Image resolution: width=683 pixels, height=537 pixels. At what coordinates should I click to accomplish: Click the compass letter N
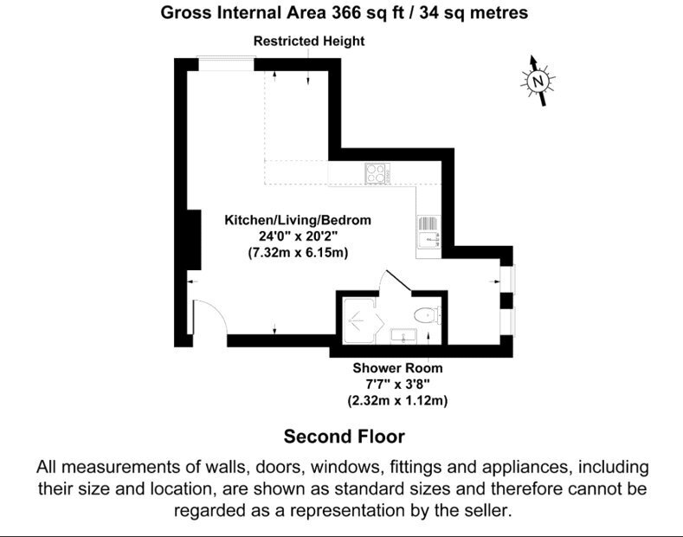(538, 81)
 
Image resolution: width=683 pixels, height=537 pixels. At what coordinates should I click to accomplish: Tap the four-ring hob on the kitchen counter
(377, 172)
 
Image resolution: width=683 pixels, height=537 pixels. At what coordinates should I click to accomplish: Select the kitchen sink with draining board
(429, 231)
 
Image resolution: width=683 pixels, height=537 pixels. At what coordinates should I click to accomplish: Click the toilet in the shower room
(427, 315)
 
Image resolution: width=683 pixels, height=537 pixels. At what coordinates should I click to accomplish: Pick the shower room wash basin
(403, 336)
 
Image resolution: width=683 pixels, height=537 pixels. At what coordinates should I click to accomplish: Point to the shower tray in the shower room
(359, 320)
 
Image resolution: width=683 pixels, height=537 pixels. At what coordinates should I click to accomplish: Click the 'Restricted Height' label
(309, 41)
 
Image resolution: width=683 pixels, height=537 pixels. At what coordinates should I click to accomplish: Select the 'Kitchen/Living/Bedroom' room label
(298, 220)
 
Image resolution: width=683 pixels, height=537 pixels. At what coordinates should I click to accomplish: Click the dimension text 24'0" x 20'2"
(299, 236)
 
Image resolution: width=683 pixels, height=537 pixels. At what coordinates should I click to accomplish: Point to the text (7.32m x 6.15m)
(298, 253)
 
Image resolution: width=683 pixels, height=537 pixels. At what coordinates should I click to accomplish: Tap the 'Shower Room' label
(397, 368)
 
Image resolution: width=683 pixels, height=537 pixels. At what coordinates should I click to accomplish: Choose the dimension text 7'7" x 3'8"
(397, 385)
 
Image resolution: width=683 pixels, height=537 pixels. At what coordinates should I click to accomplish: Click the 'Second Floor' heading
(345, 437)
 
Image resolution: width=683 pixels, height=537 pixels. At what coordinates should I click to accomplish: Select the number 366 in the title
(346, 13)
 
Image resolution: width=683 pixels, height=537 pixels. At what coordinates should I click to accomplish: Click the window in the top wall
(226, 63)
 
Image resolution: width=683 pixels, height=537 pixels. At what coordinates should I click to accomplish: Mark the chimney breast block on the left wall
(194, 240)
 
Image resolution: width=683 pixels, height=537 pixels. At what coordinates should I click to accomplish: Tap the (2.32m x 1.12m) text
(397, 400)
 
